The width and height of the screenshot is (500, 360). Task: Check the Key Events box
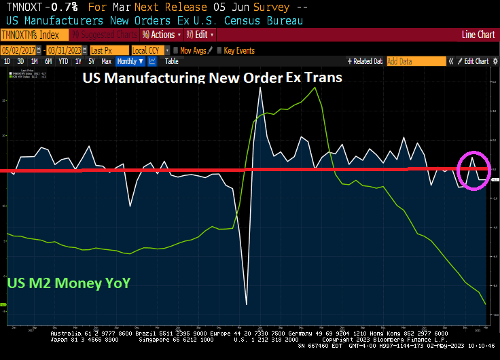click(x=219, y=50)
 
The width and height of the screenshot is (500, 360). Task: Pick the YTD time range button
click(x=63, y=61)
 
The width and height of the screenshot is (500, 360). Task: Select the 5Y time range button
click(x=91, y=61)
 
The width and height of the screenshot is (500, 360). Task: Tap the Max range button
click(x=106, y=61)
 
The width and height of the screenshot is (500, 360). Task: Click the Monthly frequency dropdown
click(x=130, y=61)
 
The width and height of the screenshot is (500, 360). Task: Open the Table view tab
click(x=171, y=61)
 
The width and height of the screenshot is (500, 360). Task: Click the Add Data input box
click(x=414, y=61)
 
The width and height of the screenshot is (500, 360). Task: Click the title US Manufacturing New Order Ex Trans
click(x=212, y=77)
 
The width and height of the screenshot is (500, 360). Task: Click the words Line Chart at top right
click(x=478, y=35)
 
